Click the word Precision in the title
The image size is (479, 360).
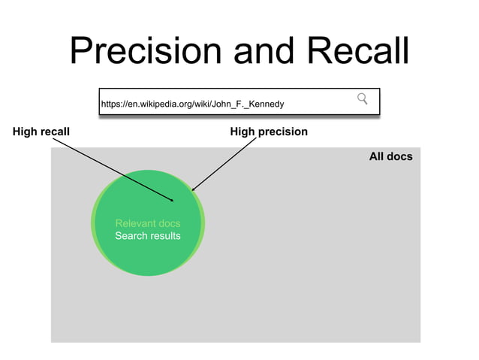pos(146,52)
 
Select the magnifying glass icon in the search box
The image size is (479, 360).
pos(362,98)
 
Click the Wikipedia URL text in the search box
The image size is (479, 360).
pos(192,103)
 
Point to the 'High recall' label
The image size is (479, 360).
pos(41,132)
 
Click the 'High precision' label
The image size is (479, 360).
pos(269,132)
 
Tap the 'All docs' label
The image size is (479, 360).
pos(390,156)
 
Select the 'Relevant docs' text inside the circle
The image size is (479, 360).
pos(148,223)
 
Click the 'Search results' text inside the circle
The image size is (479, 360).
pos(148,235)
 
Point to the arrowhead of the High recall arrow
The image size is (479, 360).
pos(173,201)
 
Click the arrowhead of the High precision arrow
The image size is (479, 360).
pos(193,189)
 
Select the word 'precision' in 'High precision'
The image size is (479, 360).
pos(283,132)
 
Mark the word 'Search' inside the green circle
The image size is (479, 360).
pos(131,235)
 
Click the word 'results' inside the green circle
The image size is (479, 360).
pos(165,235)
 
